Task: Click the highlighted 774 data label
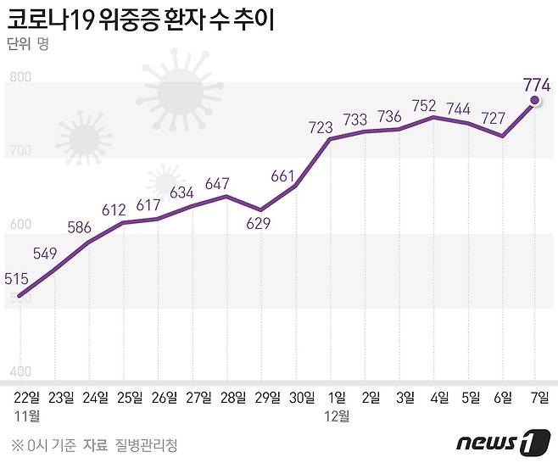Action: click(x=538, y=84)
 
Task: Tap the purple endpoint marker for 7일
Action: click(x=535, y=101)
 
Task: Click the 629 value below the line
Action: click(x=261, y=224)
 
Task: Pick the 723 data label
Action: click(x=327, y=128)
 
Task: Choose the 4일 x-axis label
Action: click(x=441, y=397)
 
